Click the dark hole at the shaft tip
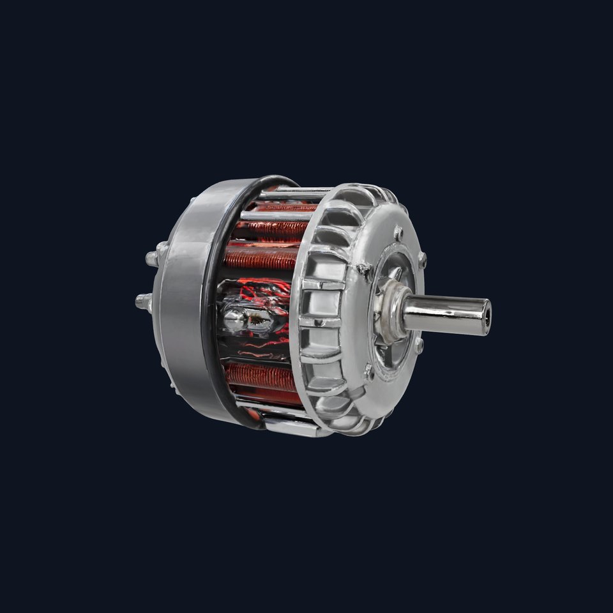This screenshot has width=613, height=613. pos(487,315)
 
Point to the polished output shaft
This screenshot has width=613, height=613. pos(447,314)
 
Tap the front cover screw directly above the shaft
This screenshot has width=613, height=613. pos(421,259)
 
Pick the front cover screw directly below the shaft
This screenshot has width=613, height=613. pos(418,345)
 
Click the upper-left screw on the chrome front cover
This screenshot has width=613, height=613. pos(364,269)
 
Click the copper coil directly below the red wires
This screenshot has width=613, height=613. pos(262,376)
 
